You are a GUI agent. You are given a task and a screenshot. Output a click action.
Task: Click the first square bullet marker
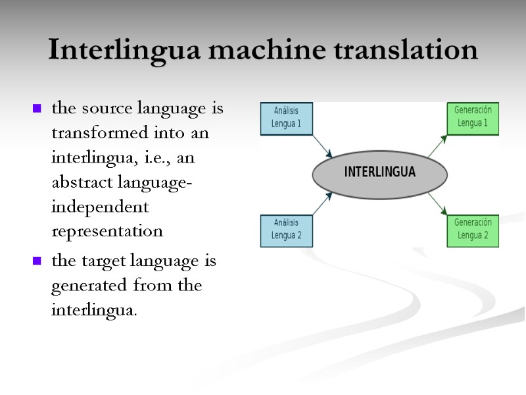pyautogui.click(x=37, y=108)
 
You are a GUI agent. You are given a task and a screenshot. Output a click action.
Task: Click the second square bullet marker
pyautogui.click(x=37, y=261)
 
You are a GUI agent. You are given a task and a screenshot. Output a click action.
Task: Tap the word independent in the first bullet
pyautogui.click(x=99, y=207)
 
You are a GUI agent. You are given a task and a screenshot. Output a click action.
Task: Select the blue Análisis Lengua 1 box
pyautogui.click(x=287, y=118)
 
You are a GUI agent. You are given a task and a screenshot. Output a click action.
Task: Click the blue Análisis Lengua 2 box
pyautogui.click(x=287, y=230)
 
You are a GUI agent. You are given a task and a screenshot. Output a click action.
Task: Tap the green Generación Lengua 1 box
pyautogui.click(x=472, y=118)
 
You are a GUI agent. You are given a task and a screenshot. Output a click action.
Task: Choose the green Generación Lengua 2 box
pyautogui.click(x=472, y=230)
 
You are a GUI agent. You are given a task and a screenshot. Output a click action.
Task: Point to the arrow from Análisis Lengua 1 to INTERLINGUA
pyautogui.click(x=322, y=145)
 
